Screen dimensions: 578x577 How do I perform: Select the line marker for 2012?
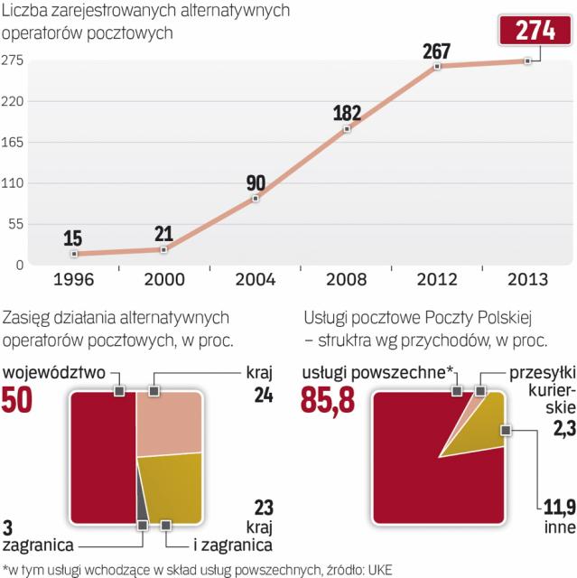coord(437,66)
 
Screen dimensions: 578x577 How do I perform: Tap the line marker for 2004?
coord(256,198)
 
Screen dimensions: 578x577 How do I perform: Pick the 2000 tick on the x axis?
coord(163,278)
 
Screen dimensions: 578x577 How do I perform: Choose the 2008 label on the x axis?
coord(346,278)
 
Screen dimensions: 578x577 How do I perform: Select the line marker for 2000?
coord(163,249)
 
